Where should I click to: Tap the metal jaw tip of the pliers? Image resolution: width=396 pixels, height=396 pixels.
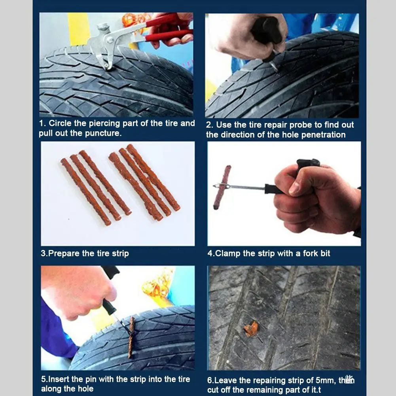point(107,66)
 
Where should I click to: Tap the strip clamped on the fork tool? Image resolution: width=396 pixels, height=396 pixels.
point(222,187)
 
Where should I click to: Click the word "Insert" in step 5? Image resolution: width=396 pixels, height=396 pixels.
point(59,379)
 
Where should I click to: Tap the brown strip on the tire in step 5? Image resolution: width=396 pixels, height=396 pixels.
point(131,337)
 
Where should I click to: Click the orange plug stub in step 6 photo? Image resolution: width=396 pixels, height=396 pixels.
point(251,329)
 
